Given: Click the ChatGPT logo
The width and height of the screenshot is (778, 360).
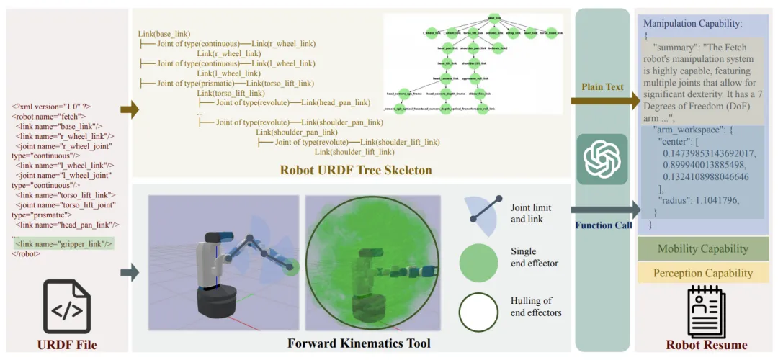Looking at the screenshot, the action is point(602,160).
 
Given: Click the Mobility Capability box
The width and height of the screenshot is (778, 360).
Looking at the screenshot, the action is point(702,249).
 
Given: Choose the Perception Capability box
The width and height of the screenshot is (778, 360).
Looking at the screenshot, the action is point(702,273).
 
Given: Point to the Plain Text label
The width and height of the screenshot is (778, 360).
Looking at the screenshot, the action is point(602,87).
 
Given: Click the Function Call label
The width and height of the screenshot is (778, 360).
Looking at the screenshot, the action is point(602,225).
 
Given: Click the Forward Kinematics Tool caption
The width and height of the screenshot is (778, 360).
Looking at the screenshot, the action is point(359,343).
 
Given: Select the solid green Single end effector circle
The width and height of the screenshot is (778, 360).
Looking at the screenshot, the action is point(478,262).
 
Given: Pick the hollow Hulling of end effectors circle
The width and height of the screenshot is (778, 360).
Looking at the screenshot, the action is point(478,311).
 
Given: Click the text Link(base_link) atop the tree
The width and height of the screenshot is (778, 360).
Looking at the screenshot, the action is point(164,34).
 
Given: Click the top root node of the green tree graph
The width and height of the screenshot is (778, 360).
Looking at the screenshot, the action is point(494,17).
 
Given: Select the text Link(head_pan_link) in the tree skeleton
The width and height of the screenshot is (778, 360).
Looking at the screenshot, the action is point(335,103).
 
